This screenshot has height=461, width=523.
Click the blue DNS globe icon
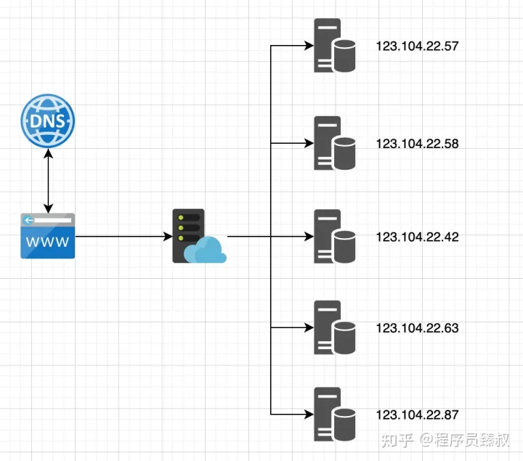[x=48, y=121]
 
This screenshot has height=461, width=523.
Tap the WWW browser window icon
[x=48, y=236]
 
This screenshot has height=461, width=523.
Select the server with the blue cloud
[x=200, y=236]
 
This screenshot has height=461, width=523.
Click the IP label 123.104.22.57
[x=417, y=46]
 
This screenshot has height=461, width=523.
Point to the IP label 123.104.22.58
[x=417, y=144]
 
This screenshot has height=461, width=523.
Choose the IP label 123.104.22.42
[x=417, y=237]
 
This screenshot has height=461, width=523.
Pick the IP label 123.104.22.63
[x=417, y=328]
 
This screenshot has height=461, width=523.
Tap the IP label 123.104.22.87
[x=417, y=415]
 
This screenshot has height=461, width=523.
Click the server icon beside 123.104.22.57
[x=334, y=45]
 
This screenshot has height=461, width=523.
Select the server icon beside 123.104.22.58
[x=334, y=143]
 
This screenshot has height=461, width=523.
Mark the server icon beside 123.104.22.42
[x=334, y=237]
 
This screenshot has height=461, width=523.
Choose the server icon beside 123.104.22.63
[x=334, y=327]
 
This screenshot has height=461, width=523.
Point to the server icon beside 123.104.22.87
[x=334, y=414]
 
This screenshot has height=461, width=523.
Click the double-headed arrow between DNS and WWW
[x=49, y=181]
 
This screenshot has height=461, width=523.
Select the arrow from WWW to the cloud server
[x=123, y=237]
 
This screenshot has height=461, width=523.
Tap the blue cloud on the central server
[x=205, y=250]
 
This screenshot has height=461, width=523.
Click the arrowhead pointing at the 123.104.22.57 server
[x=309, y=45]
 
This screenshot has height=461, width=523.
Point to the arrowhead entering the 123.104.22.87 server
[x=309, y=415]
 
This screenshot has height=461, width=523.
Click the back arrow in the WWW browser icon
[x=28, y=220]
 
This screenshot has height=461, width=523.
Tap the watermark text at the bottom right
[x=445, y=440]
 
